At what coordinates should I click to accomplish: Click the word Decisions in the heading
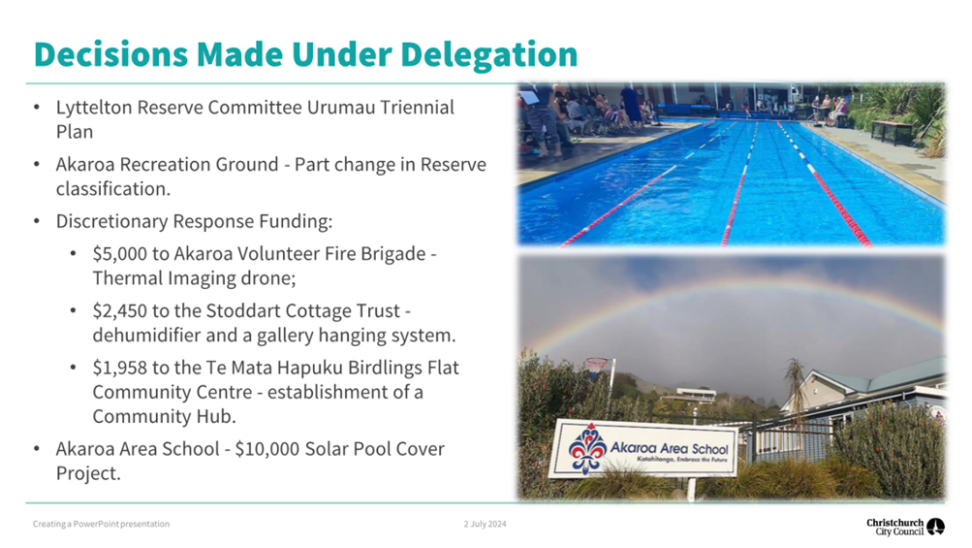tap(111, 54)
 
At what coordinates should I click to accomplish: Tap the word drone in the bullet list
tap(267, 278)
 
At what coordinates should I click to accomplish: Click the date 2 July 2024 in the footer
tap(485, 524)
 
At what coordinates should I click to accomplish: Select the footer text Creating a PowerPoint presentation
tap(101, 524)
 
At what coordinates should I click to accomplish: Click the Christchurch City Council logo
tap(905, 527)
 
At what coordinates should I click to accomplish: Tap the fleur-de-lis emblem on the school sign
tap(585, 449)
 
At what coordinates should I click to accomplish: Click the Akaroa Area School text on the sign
tap(669, 447)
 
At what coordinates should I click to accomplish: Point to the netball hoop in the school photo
tap(596, 366)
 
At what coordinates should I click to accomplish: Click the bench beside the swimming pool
tap(893, 132)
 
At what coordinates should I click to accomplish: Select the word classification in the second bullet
tap(112, 189)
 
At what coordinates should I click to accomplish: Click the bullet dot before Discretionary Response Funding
tap(37, 221)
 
